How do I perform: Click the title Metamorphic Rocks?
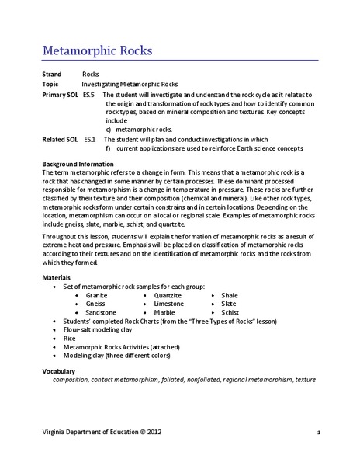click(x=98, y=52)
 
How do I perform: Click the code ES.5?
click(x=89, y=93)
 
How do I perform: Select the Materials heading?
click(x=56, y=276)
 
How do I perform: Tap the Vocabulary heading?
click(x=61, y=372)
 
